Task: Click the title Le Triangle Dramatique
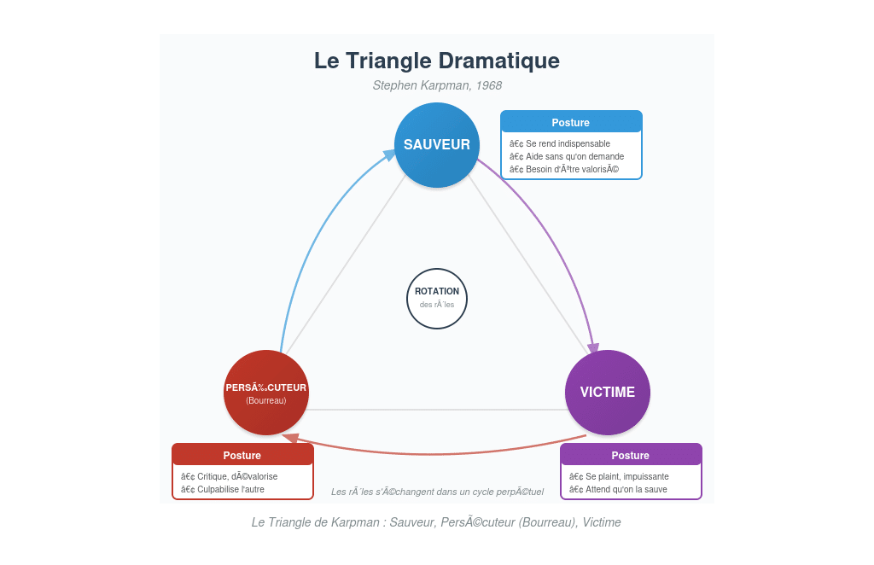436,61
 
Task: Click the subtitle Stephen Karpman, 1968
436,85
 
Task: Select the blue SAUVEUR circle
436,144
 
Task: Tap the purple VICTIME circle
607,392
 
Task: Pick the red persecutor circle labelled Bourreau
265,392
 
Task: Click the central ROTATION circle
436,298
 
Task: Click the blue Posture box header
570,122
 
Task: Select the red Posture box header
242,455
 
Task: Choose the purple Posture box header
630,455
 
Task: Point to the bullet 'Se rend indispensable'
560,143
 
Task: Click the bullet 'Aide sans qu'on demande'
567,156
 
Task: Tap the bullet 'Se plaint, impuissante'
619,476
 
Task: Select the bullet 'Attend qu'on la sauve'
618,489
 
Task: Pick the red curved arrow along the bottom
435,453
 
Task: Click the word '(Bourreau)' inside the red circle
265,400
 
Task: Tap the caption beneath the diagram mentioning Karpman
436,522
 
